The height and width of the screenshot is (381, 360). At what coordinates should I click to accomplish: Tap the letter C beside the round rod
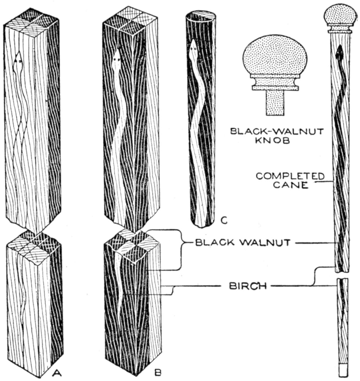(x=224, y=220)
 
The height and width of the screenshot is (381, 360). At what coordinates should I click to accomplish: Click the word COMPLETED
(x=290, y=176)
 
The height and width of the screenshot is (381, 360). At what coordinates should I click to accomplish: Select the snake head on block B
(x=117, y=57)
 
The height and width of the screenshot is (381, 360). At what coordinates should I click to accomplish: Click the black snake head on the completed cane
(x=340, y=52)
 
